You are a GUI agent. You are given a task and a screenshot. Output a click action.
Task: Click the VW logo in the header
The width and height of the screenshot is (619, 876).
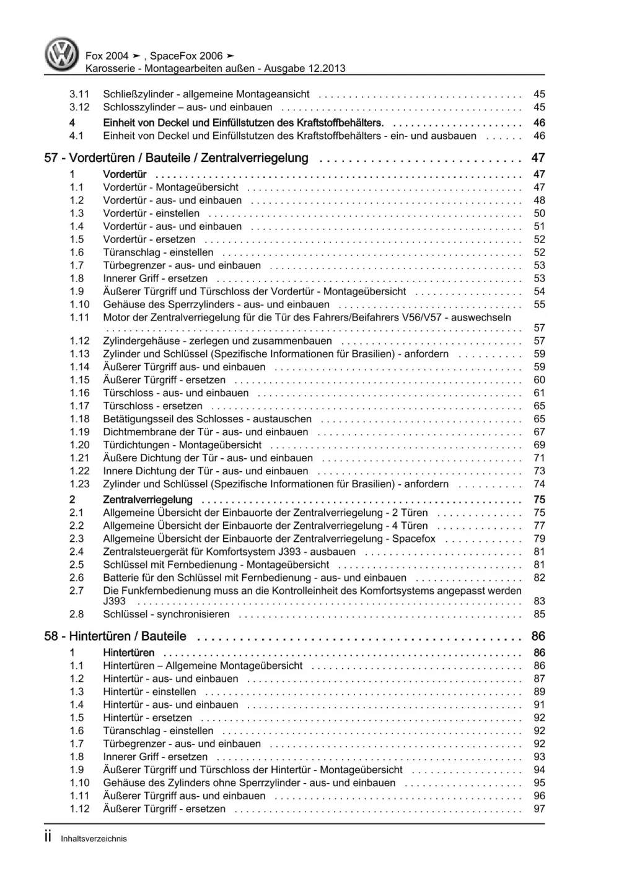pyautogui.click(x=62, y=54)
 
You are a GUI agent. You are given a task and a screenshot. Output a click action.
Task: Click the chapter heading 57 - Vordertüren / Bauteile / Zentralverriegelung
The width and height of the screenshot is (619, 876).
pyautogui.click(x=176, y=158)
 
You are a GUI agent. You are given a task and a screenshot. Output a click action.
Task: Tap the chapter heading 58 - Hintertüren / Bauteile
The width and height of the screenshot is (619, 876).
pyautogui.click(x=115, y=636)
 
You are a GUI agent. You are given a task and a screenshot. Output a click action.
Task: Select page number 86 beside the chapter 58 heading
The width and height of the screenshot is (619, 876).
pyautogui.click(x=538, y=636)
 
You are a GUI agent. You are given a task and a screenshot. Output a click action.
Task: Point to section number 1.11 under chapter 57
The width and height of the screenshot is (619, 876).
pyautogui.click(x=79, y=317)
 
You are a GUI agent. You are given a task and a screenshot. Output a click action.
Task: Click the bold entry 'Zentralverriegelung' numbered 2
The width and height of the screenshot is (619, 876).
pyautogui.click(x=147, y=500)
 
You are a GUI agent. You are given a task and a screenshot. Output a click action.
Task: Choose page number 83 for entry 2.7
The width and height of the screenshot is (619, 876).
pyautogui.click(x=539, y=601)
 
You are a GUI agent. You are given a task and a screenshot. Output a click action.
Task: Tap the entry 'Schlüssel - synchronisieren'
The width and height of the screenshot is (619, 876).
pyautogui.click(x=166, y=614)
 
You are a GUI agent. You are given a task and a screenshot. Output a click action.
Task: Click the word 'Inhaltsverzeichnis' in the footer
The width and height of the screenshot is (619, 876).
pyautogui.click(x=94, y=839)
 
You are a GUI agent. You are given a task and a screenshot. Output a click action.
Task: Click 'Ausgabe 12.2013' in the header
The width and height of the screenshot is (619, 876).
pyautogui.click(x=305, y=69)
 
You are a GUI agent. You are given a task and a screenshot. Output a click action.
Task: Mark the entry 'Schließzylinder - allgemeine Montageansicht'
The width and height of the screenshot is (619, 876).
pyautogui.click(x=206, y=94)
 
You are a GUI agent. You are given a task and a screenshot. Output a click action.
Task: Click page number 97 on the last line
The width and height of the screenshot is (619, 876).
pyautogui.click(x=539, y=809)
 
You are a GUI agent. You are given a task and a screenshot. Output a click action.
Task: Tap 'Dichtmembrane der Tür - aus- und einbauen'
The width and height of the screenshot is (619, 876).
pyautogui.click(x=205, y=432)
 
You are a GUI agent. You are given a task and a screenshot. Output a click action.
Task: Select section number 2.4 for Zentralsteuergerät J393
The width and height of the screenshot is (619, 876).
pyautogui.click(x=76, y=552)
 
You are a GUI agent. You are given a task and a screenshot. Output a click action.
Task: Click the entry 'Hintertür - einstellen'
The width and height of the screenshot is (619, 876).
pyautogui.click(x=149, y=692)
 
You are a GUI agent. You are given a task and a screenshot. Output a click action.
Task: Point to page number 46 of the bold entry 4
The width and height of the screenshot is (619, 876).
pyautogui.click(x=539, y=123)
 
